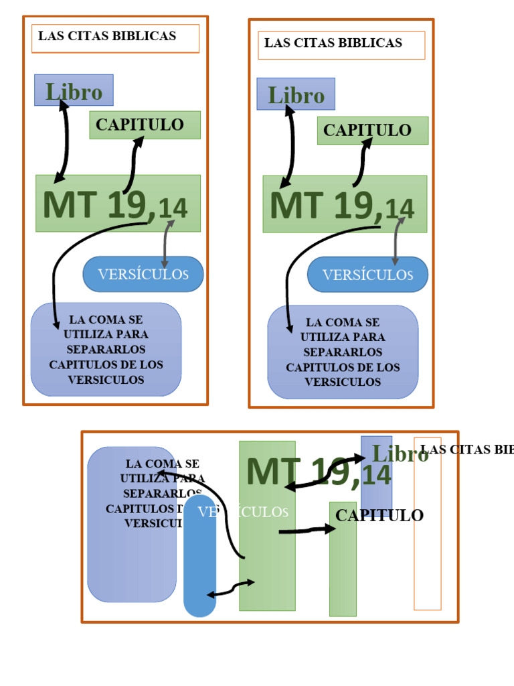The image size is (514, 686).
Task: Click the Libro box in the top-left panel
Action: [x=74, y=90]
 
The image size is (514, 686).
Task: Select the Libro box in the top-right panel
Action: [x=296, y=94]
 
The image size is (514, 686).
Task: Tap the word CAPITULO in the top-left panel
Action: [x=139, y=125]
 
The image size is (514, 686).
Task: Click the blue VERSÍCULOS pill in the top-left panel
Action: [x=143, y=274]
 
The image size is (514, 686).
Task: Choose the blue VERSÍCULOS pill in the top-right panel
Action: [x=367, y=275]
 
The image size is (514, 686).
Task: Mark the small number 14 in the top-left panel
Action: [x=173, y=208]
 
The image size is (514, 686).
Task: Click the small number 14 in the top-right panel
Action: [x=400, y=209]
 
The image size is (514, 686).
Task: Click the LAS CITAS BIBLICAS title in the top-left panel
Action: [x=107, y=37]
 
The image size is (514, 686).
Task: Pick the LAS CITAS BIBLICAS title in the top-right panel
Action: [x=333, y=44]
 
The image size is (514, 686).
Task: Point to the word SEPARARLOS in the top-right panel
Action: [x=343, y=352]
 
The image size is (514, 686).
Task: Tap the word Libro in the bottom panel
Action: [x=400, y=454]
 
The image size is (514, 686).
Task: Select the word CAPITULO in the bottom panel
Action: [x=379, y=515]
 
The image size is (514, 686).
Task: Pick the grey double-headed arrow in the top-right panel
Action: [x=397, y=241]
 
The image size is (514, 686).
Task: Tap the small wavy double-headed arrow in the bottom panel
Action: [x=231, y=588]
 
